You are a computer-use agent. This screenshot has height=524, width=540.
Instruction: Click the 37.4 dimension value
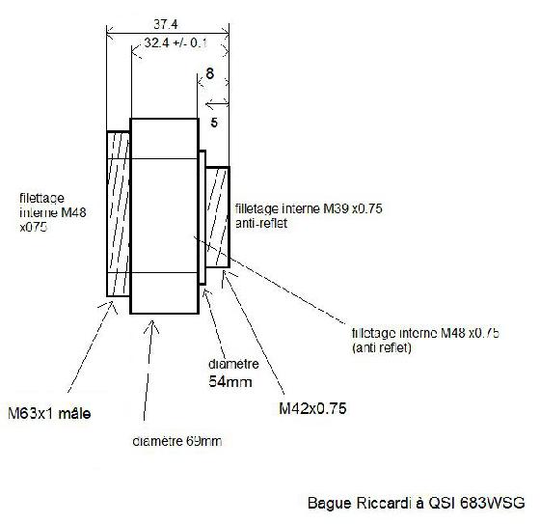pos(166,24)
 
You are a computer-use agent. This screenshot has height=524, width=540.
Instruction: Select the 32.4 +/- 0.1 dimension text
pos(175,43)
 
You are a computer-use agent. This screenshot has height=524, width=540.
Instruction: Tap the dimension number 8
pos(209,73)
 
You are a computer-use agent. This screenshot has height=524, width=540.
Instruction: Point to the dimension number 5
pos(214,123)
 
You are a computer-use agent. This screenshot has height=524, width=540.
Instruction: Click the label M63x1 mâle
pos(49,413)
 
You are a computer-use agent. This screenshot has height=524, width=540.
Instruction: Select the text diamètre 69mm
pos(177,441)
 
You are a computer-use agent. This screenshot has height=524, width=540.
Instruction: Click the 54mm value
pos(230,381)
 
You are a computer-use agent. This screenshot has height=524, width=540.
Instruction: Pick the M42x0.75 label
pos(312,408)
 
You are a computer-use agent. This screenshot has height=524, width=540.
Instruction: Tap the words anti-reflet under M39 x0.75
pos(261,223)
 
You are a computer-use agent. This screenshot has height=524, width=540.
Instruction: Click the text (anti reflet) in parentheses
pos(382,347)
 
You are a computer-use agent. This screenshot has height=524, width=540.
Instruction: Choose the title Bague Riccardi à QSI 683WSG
pos(416,503)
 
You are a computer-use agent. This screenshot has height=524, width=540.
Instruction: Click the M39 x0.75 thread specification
pos(353,208)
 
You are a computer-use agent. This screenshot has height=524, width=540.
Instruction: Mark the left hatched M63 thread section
pos(118,213)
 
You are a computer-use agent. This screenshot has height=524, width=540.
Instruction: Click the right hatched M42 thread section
pos(217,217)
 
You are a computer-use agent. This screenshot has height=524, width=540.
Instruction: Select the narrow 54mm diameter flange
pos(202,217)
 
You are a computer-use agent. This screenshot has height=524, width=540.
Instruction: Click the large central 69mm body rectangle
pos(164,216)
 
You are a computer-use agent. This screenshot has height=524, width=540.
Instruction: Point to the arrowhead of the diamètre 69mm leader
pos(150,321)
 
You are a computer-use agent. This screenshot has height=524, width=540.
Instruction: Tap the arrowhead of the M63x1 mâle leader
pos(113,302)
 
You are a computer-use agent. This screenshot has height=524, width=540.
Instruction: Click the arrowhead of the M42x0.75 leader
pos(225,272)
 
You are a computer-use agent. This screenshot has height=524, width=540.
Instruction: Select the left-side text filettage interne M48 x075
pos(53,212)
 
